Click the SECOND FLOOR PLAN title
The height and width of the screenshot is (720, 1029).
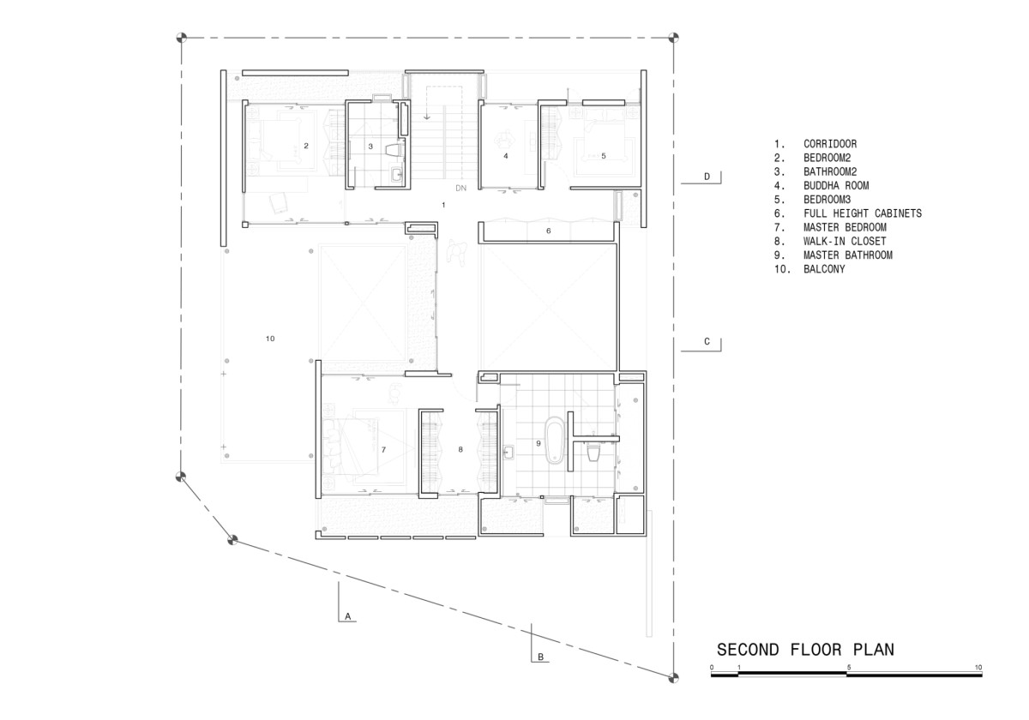click(805, 650)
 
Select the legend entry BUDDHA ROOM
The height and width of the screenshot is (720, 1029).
click(836, 185)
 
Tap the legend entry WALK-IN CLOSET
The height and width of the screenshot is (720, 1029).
click(845, 241)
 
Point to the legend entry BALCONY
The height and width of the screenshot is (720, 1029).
click(824, 269)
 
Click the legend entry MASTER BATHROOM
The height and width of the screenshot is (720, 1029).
click(848, 255)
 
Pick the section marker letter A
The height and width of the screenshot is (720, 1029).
click(348, 616)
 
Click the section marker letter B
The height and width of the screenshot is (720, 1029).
click(541, 657)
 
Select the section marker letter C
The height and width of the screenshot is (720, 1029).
click(707, 342)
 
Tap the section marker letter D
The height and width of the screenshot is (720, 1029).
click(707, 177)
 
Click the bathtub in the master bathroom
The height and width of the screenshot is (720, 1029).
click(554, 440)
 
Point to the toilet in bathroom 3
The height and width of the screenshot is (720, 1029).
click(394, 149)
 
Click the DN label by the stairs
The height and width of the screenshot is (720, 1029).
click(460, 188)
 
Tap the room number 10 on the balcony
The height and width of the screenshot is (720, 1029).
click(270, 339)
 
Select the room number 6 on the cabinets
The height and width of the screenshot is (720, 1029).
click(549, 231)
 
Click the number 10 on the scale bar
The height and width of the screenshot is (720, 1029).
click(978, 668)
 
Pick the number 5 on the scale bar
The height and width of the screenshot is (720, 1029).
click(849, 668)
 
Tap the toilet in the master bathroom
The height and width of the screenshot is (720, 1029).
click(593, 453)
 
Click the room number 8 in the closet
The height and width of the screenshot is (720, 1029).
click(460, 449)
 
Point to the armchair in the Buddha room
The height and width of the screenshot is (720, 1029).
click(503, 138)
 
